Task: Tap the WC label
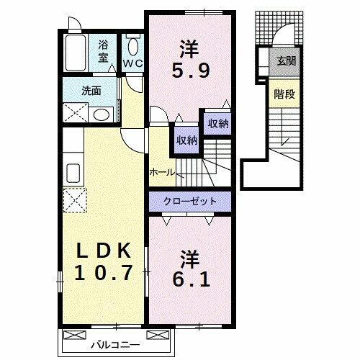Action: point(132,63)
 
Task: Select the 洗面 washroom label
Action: point(91,91)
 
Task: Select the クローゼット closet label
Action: point(190,201)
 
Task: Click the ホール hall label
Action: point(161,173)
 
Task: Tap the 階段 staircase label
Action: point(282,94)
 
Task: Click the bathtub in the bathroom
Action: point(74,50)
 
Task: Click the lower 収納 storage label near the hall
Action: point(186,140)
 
